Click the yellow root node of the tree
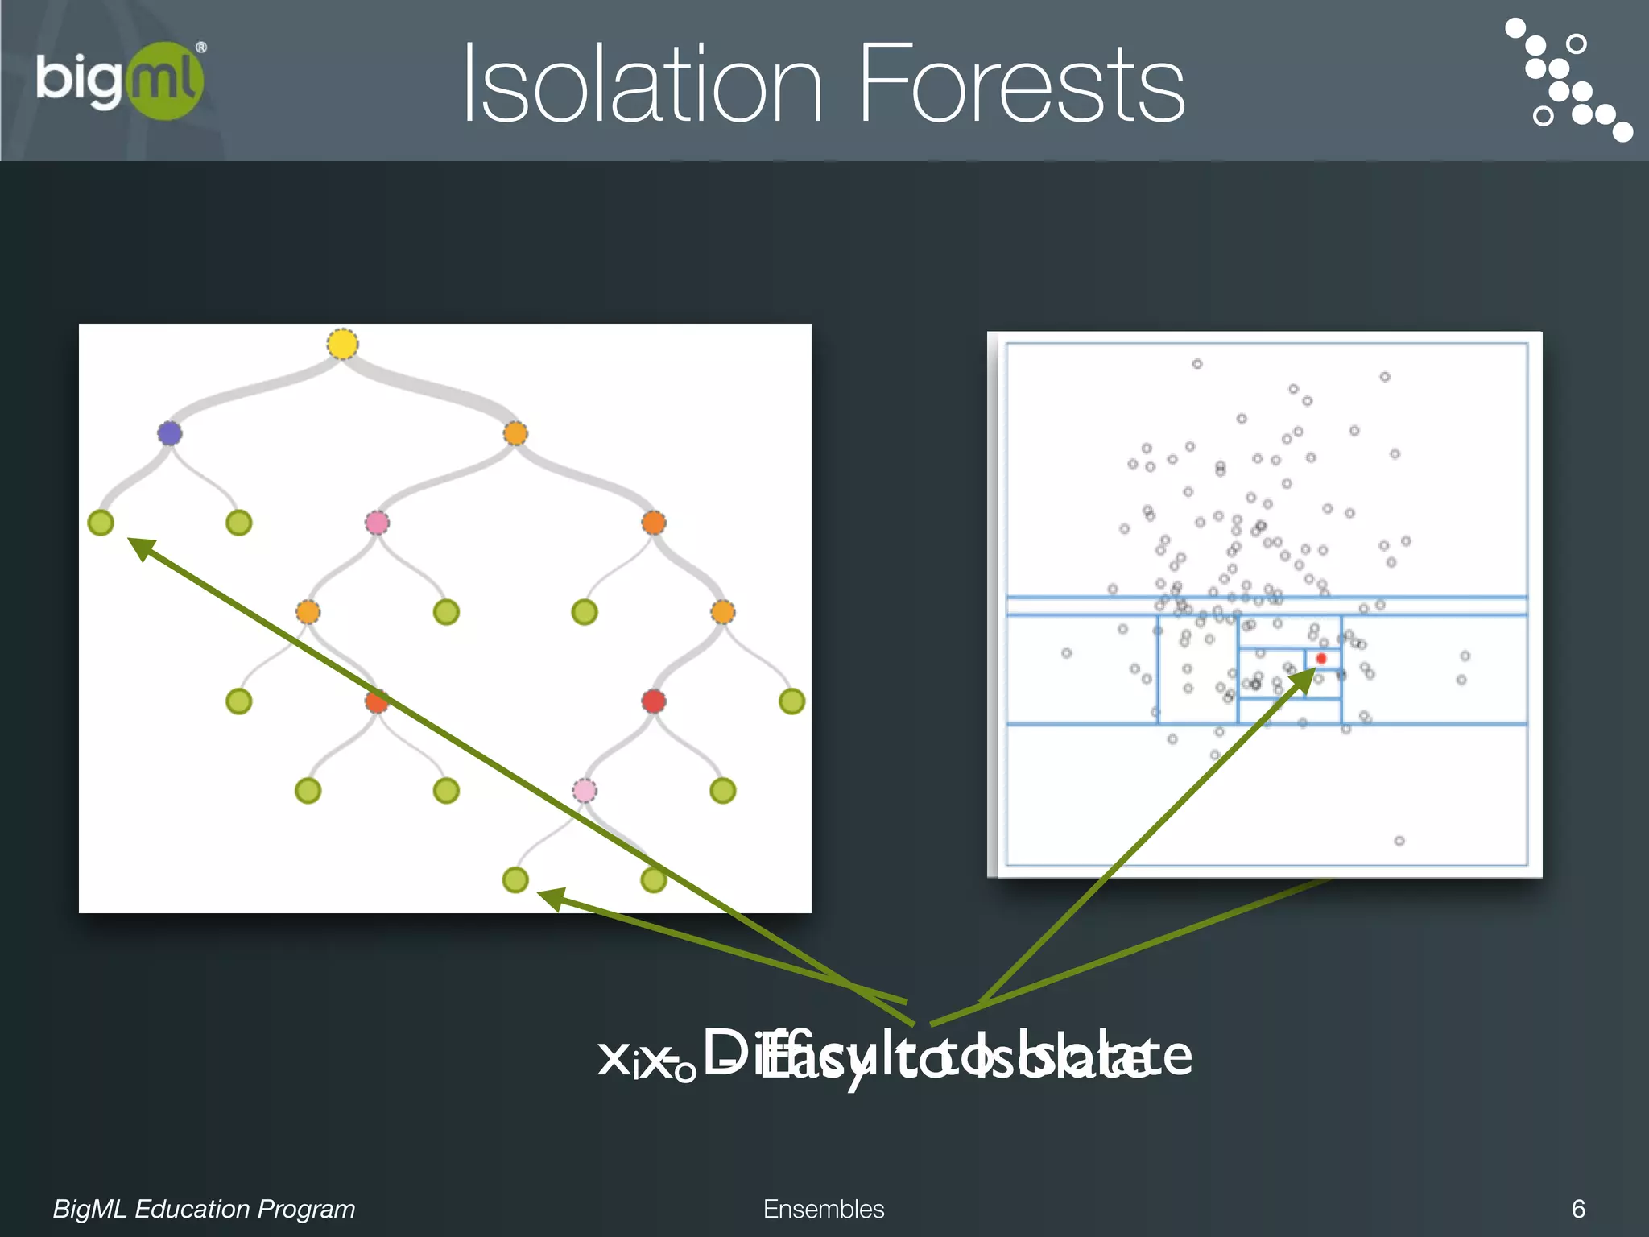tap(342, 344)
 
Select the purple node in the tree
tap(169, 433)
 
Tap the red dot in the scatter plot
tap(1320, 659)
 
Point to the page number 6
tap(1578, 1209)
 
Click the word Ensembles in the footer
tap(823, 1209)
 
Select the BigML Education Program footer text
tap(204, 1209)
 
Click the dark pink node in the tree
tap(377, 523)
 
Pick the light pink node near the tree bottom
tap(585, 790)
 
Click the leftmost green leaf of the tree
tap(101, 523)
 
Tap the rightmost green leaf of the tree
tap(791, 701)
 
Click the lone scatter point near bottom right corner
tap(1399, 841)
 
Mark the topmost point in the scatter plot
tap(1197, 364)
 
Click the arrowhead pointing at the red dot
tap(1303, 681)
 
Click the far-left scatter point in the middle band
tap(1066, 653)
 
